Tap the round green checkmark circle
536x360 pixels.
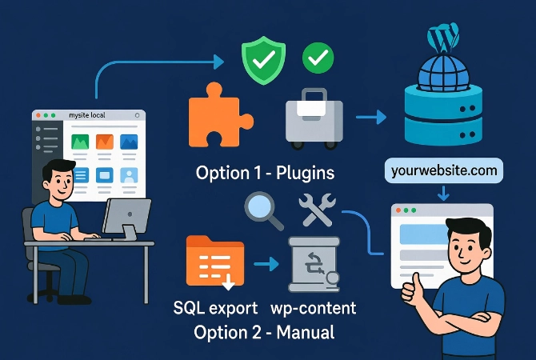[x=317, y=58]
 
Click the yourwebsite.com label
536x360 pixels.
[x=443, y=170]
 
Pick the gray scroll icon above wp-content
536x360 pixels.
[x=314, y=265]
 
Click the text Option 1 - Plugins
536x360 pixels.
[x=266, y=173]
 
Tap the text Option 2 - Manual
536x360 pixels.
[x=265, y=330]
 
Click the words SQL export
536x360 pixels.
[x=215, y=308]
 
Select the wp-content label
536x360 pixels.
[x=315, y=308]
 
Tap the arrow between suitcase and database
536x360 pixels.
[x=369, y=118]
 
